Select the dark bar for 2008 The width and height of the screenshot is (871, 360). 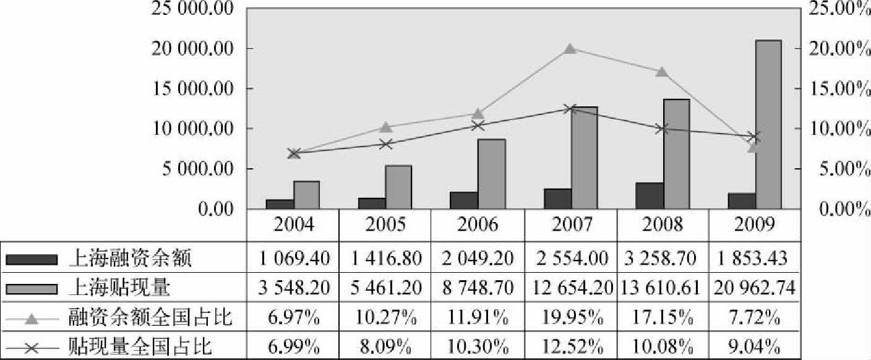click(x=650, y=195)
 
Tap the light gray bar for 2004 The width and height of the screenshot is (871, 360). click(x=306, y=195)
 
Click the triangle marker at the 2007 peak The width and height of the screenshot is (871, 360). click(x=570, y=49)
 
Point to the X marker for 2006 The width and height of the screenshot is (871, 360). click(x=478, y=126)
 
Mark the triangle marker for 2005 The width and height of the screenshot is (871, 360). click(x=385, y=127)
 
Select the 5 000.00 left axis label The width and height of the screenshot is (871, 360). click(x=197, y=169)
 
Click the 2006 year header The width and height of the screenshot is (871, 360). click(x=478, y=224)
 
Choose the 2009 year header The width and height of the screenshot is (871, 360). click(x=755, y=224)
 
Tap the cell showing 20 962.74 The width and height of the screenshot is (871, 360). click(x=755, y=288)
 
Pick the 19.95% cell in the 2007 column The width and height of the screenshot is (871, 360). click(x=570, y=318)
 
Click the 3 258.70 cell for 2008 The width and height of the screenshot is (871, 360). click(x=663, y=257)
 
